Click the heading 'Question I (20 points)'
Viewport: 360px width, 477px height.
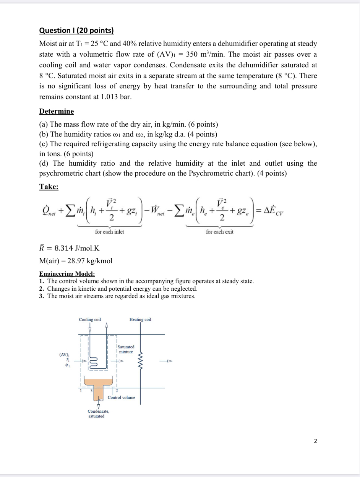(x=76, y=31)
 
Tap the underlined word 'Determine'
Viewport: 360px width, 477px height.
(x=57, y=111)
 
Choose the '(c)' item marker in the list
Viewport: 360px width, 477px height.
(x=44, y=143)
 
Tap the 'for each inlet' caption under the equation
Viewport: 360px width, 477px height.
(x=110, y=232)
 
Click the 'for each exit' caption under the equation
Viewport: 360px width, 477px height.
(x=219, y=232)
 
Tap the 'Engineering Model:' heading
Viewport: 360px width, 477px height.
(x=67, y=274)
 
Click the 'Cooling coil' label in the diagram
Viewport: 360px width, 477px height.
(x=90, y=319)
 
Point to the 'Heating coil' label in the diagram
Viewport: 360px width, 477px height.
(x=140, y=319)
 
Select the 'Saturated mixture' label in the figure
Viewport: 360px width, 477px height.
(x=126, y=349)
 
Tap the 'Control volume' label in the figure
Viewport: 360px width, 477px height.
(x=122, y=397)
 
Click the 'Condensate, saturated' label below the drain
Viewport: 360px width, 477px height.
(x=99, y=414)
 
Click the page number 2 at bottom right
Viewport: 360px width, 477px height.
(x=315, y=441)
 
